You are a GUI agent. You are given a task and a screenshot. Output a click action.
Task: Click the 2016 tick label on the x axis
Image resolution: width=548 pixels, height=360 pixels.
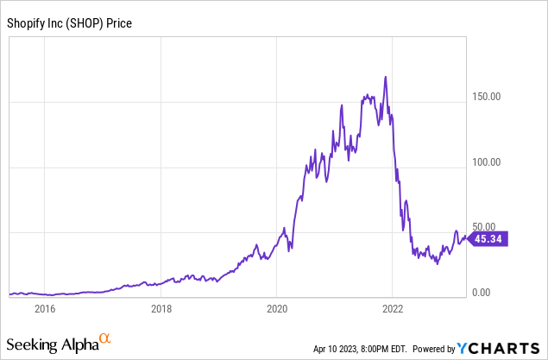44,307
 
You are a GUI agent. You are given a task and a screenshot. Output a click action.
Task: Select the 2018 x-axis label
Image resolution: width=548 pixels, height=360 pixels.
161,307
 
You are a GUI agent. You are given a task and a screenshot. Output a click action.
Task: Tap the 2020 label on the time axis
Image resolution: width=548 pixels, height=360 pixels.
276,307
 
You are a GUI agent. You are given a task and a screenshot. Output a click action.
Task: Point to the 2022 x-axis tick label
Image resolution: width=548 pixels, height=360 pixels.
393,307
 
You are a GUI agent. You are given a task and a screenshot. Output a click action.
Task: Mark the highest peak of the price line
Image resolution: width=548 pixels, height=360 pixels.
386,77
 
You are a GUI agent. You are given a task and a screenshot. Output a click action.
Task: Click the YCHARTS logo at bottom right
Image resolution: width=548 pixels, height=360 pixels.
501,348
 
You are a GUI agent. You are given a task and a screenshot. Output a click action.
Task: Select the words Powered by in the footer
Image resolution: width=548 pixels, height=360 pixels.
435,349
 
